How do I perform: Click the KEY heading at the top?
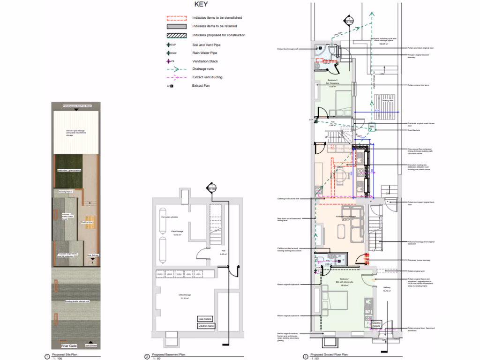(204, 5)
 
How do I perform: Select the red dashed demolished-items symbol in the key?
(177, 18)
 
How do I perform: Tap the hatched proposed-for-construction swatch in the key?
(177, 35)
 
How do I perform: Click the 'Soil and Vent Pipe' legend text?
(206, 45)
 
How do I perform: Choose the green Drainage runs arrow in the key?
(177, 69)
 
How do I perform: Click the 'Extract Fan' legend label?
(202, 86)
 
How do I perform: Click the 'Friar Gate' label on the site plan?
(68, 346)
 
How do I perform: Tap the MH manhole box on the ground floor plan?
(371, 127)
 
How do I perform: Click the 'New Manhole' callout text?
(414, 130)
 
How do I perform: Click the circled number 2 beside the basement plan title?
(147, 356)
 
